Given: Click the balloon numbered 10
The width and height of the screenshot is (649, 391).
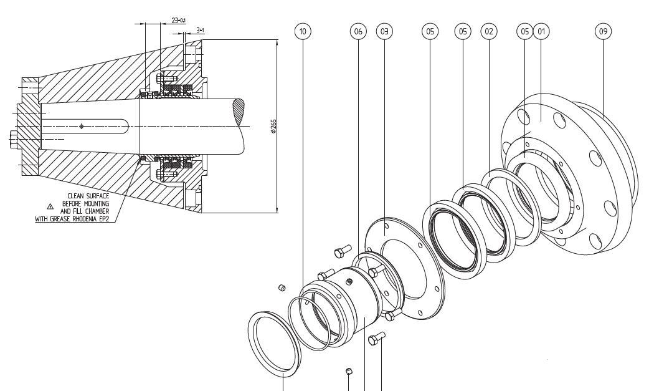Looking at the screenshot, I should coord(303,31).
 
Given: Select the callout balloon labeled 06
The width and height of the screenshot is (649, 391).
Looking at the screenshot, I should coord(358,31).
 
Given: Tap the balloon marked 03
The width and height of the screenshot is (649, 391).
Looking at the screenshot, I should coord(384,31).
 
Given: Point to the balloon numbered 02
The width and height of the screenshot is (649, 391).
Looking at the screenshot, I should coord(489,31).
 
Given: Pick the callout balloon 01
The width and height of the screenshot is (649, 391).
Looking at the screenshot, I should coord(541,31).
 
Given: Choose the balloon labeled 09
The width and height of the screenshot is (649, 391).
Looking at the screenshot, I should coord(602,31).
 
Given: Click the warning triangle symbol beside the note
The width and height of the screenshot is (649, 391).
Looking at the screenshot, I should coord(51,205).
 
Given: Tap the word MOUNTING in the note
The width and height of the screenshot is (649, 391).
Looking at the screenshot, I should coord(96,203).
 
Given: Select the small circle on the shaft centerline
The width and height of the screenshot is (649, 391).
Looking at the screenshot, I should coord(82,127).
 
